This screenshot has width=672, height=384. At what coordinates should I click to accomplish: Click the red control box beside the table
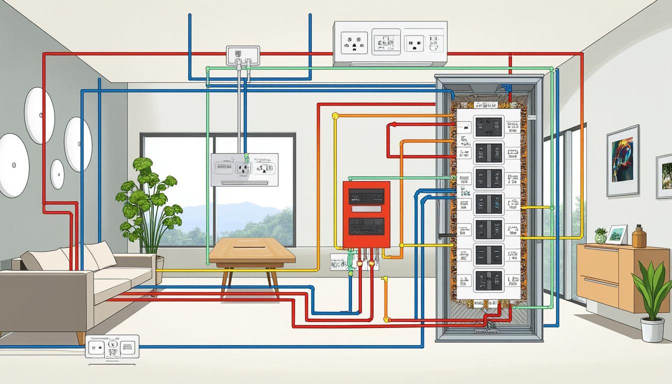tap(366, 214)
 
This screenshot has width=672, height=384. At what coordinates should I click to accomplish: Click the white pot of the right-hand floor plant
tap(652, 329)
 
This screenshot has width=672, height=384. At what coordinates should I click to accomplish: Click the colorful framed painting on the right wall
tap(622, 160)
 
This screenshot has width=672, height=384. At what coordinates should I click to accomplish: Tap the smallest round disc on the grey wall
tap(57, 174)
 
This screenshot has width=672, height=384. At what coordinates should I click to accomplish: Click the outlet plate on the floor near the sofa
tap(112, 346)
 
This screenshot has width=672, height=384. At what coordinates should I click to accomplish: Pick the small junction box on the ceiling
tap(243, 55)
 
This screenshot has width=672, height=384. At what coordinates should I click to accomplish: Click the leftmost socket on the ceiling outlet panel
tap(354, 42)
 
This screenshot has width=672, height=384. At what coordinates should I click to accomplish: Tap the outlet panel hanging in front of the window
tap(244, 169)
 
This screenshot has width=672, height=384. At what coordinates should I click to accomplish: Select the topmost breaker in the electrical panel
tap(488, 127)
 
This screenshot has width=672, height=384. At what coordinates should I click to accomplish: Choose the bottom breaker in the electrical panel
tap(488, 280)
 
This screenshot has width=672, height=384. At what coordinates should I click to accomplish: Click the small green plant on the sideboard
tap(600, 235)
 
